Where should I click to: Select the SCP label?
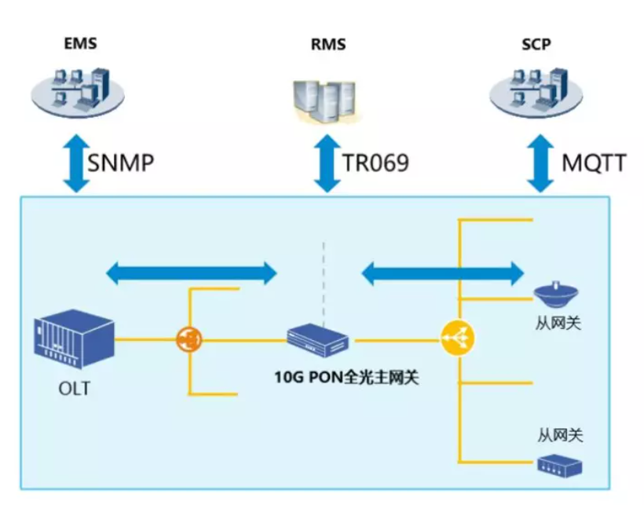point(536,44)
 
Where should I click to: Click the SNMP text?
point(120,163)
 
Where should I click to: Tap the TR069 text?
point(375,163)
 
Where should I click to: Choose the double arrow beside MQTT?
point(540,163)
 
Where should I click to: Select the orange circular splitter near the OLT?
point(188,339)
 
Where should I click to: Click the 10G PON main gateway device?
point(317,341)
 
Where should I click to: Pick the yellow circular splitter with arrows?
point(458,338)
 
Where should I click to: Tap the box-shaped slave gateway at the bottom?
point(560,467)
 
